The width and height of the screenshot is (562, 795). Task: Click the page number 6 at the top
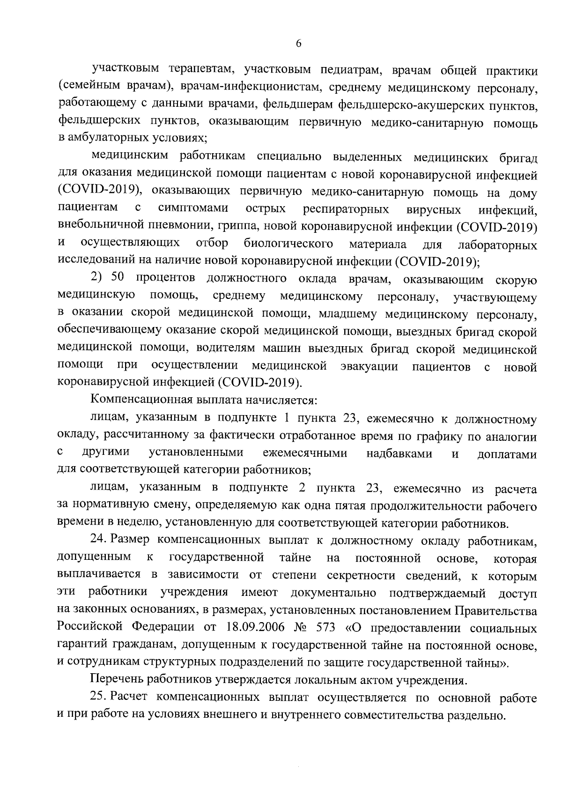299,43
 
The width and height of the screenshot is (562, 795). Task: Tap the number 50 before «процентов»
118,278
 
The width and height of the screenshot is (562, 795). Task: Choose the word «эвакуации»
370,366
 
